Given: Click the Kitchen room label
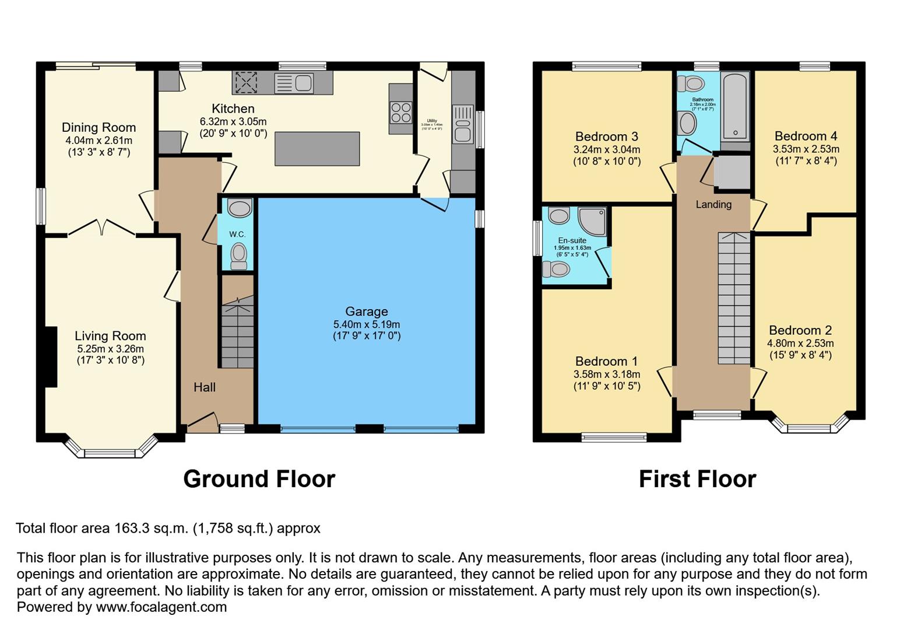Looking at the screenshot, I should [x=233, y=108].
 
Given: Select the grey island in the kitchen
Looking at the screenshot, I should [x=317, y=149].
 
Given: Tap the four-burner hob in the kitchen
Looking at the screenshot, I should [x=400, y=112].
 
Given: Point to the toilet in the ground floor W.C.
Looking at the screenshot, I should [x=238, y=256].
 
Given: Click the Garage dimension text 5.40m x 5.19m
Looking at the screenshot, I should [x=366, y=324].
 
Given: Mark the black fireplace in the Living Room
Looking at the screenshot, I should [x=51, y=356].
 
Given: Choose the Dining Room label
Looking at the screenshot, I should [x=99, y=127].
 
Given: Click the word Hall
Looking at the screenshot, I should [x=205, y=387].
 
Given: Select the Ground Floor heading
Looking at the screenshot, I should [x=259, y=479].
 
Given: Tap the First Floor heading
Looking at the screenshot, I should [x=697, y=479].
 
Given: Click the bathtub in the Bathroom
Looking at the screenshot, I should [x=734, y=105].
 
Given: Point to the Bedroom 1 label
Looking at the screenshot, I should [x=606, y=361].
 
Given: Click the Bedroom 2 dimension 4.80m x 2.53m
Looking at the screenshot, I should [x=800, y=343].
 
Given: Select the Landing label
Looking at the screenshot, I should [x=713, y=204].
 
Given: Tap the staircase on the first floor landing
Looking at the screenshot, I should [x=733, y=297].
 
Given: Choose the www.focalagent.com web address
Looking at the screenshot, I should [x=161, y=607].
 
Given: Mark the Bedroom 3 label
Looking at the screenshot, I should [x=606, y=136].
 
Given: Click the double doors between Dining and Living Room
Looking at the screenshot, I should [x=102, y=228].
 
